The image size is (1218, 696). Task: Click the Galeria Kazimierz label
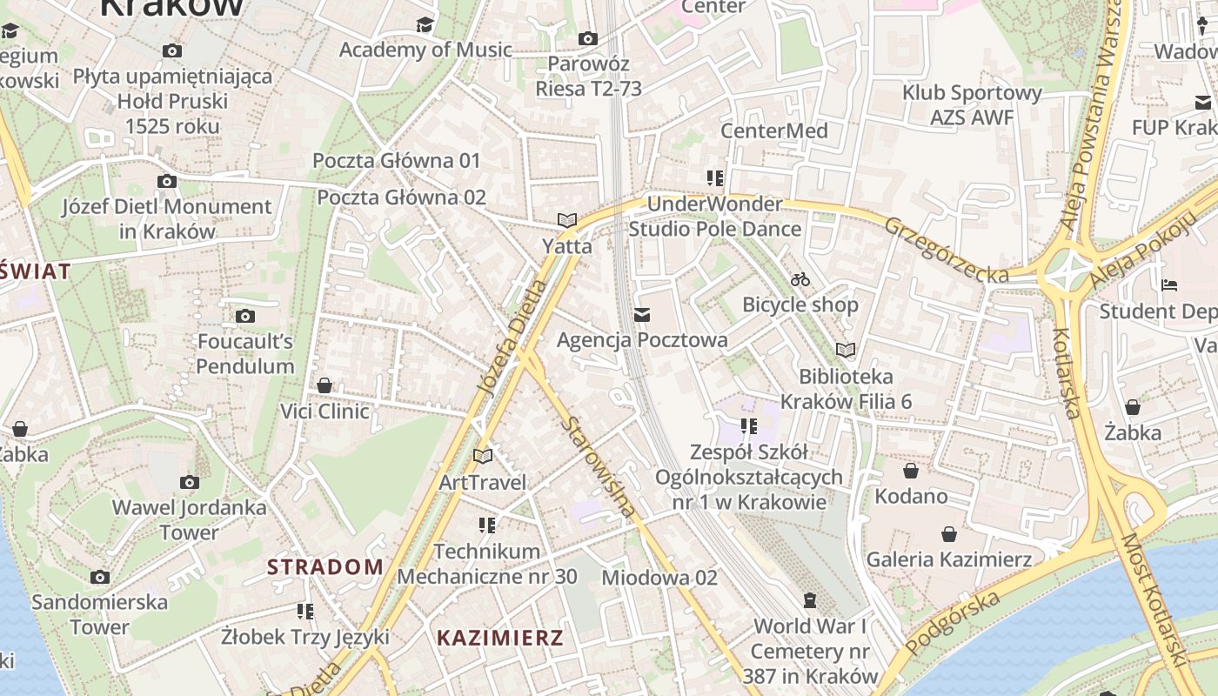click(948, 559)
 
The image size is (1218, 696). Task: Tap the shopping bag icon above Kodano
click(911, 471)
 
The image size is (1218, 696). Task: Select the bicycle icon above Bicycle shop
click(800, 279)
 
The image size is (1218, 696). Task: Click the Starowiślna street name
click(599, 467)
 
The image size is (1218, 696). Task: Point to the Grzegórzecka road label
click(947, 250)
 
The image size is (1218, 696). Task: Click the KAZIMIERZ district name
click(499, 638)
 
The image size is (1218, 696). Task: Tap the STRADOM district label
click(325, 567)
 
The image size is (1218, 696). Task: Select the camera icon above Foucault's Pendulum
click(245, 316)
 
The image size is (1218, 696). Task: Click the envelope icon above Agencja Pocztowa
click(642, 314)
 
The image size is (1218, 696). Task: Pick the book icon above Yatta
click(567, 221)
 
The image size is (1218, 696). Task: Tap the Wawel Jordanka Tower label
click(189, 519)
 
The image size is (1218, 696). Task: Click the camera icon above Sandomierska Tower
click(100, 577)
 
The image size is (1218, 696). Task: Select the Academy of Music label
click(425, 50)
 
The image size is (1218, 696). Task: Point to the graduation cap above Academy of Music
click(425, 24)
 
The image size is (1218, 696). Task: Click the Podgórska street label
click(953, 623)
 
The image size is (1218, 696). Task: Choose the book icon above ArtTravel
click(483, 456)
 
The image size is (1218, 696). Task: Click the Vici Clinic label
click(325, 411)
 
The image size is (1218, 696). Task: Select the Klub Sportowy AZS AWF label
click(972, 104)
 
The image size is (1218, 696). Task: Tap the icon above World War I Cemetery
click(810, 600)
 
